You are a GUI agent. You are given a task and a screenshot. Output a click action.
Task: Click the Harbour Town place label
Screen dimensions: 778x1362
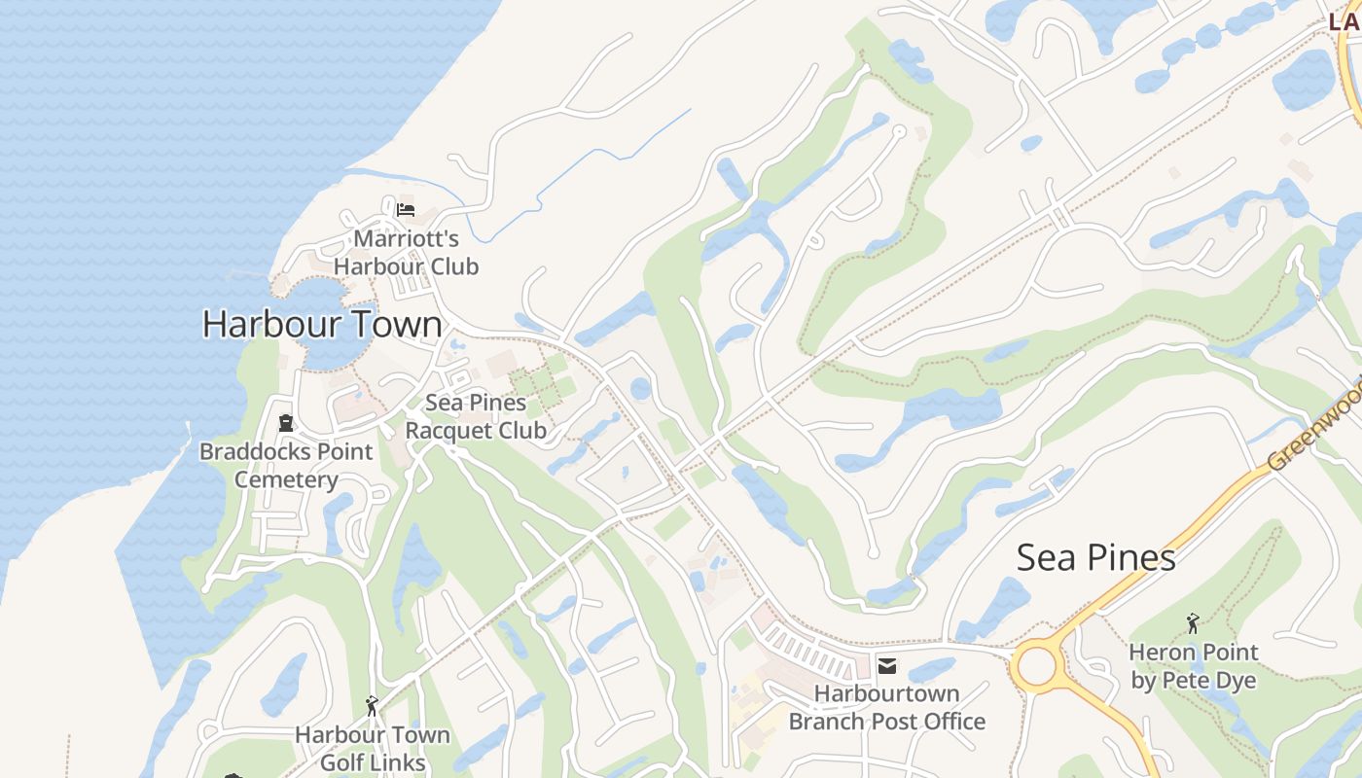[x=322, y=324]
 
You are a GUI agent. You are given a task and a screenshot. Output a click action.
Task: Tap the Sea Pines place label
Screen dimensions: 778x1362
[x=1095, y=558]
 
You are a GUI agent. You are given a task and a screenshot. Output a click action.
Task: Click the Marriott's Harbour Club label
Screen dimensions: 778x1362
[x=406, y=252]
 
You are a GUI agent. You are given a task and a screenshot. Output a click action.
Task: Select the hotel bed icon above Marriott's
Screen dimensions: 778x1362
[x=406, y=209]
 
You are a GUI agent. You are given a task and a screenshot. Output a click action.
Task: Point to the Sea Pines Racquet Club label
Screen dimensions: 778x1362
[x=476, y=416]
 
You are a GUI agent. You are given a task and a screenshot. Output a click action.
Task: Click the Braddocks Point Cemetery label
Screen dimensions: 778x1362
[x=286, y=465]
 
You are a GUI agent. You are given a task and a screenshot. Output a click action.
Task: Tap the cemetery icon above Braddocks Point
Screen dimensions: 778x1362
[x=286, y=423]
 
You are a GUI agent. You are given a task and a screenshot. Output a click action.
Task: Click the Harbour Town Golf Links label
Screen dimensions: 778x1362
[x=373, y=749]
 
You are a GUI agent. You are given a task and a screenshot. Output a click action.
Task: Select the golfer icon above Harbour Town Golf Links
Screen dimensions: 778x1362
[x=371, y=706]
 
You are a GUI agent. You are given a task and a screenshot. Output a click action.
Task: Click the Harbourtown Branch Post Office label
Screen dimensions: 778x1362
[x=886, y=707]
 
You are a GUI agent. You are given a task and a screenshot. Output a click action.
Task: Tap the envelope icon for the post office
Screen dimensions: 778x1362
[x=886, y=666]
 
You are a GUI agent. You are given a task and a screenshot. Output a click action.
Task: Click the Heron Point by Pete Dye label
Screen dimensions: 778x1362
[x=1193, y=665]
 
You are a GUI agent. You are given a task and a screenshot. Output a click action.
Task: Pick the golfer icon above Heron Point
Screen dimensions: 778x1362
[x=1193, y=622]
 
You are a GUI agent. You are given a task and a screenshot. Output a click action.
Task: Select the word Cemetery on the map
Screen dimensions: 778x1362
[x=286, y=479]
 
